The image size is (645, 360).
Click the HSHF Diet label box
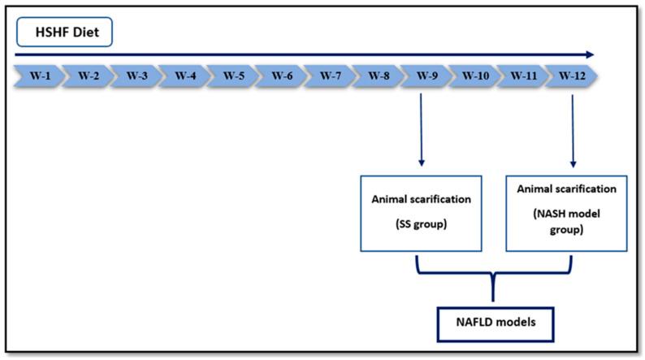pyautogui.click(x=63, y=33)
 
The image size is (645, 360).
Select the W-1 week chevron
pyautogui.click(x=38, y=76)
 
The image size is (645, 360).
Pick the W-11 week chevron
pyautogui.click(x=522, y=76)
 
